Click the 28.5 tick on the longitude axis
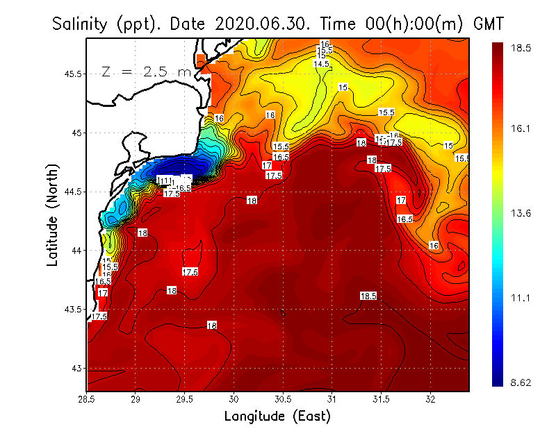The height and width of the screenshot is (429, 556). pos(87,401)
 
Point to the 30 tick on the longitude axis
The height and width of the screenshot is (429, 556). pos(234,401)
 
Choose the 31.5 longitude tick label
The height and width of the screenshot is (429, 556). pos(382,401)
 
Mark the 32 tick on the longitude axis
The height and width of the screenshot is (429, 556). pos(431,401)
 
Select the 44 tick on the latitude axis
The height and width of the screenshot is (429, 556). pos(75,250)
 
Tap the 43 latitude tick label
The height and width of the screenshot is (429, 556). pos(75,368)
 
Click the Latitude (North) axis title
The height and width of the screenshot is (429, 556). pos(53,214)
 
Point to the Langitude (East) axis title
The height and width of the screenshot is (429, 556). pos(277,417)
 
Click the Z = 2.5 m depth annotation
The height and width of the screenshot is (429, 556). pos(147,71)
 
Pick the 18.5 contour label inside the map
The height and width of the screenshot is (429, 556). pos(368,296)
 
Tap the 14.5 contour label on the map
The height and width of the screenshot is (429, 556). pos(321,64)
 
